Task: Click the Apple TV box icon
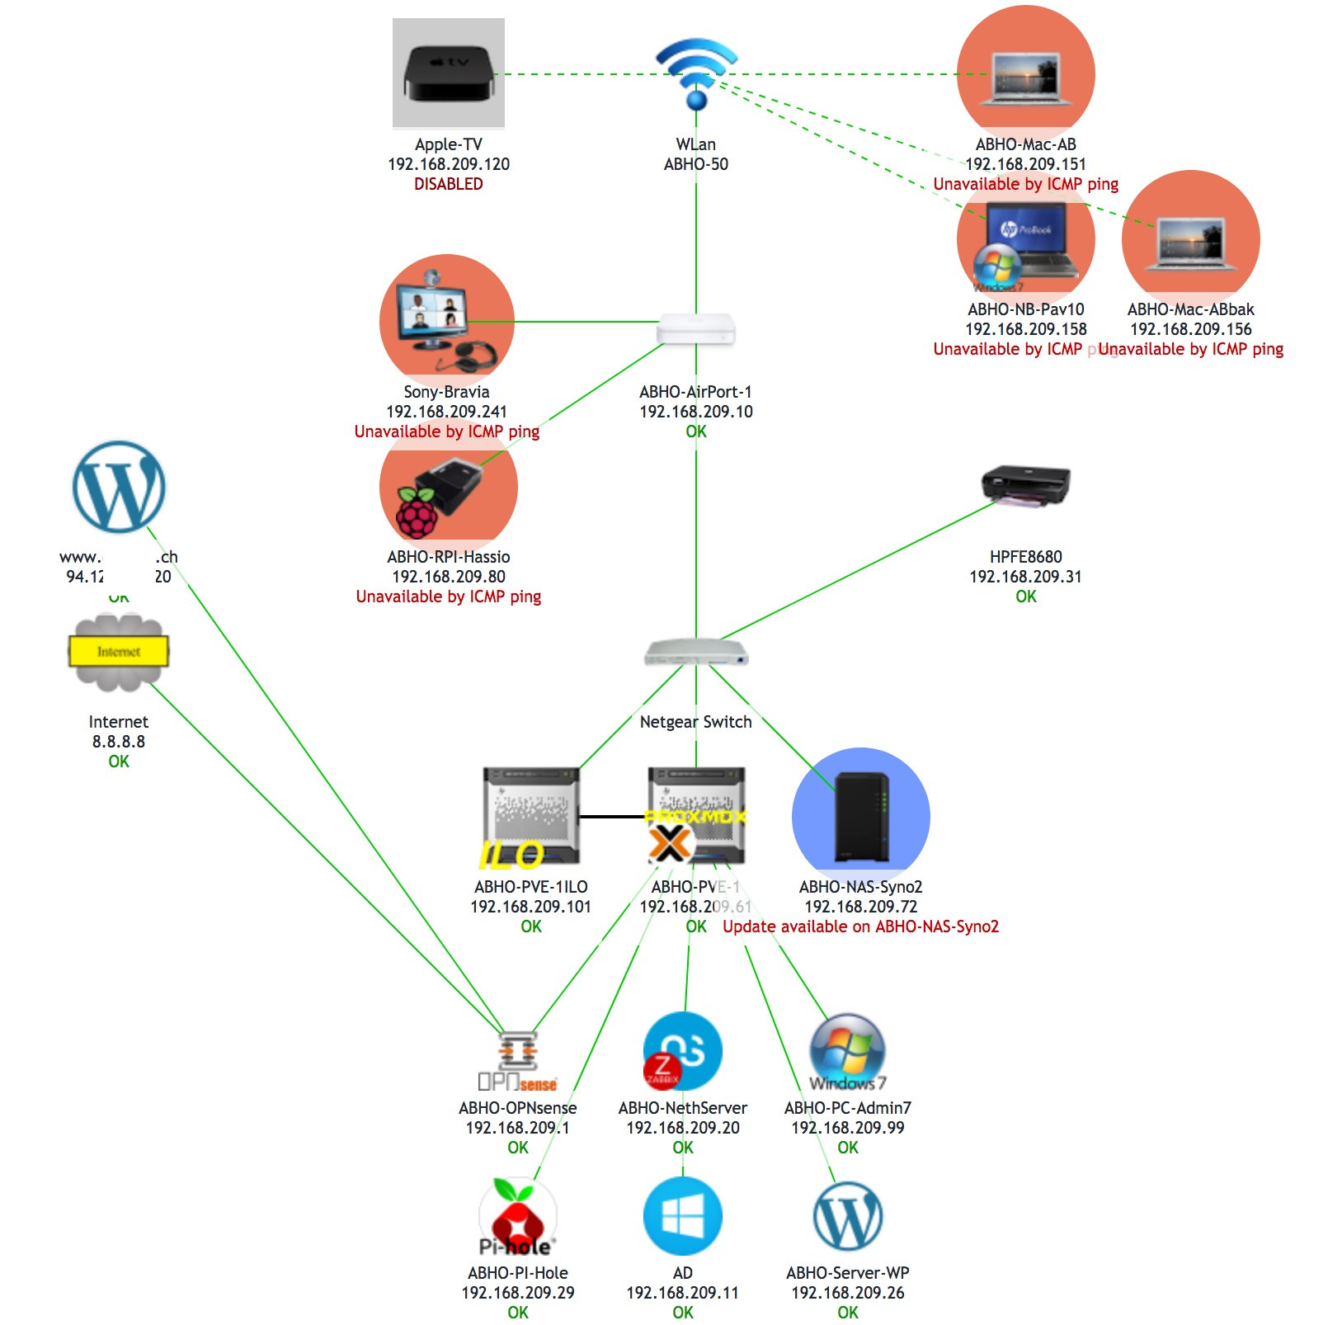point(448,73)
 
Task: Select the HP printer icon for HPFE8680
point(1025,485)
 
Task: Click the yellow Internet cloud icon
point(118,652)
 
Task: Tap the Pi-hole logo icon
point(517,1218)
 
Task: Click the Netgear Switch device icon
point(696,653)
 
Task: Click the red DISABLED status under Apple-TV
point(448,184)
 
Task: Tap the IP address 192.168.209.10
point(696,412)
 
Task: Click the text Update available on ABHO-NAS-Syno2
point(860,927)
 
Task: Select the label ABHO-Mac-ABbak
point(1190,309)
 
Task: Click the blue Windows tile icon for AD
point(682,1216)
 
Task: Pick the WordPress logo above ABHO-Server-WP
point(848,1216)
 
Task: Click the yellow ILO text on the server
point(511,856)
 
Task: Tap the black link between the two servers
point(613,817)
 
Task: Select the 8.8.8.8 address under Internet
point(118,742)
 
